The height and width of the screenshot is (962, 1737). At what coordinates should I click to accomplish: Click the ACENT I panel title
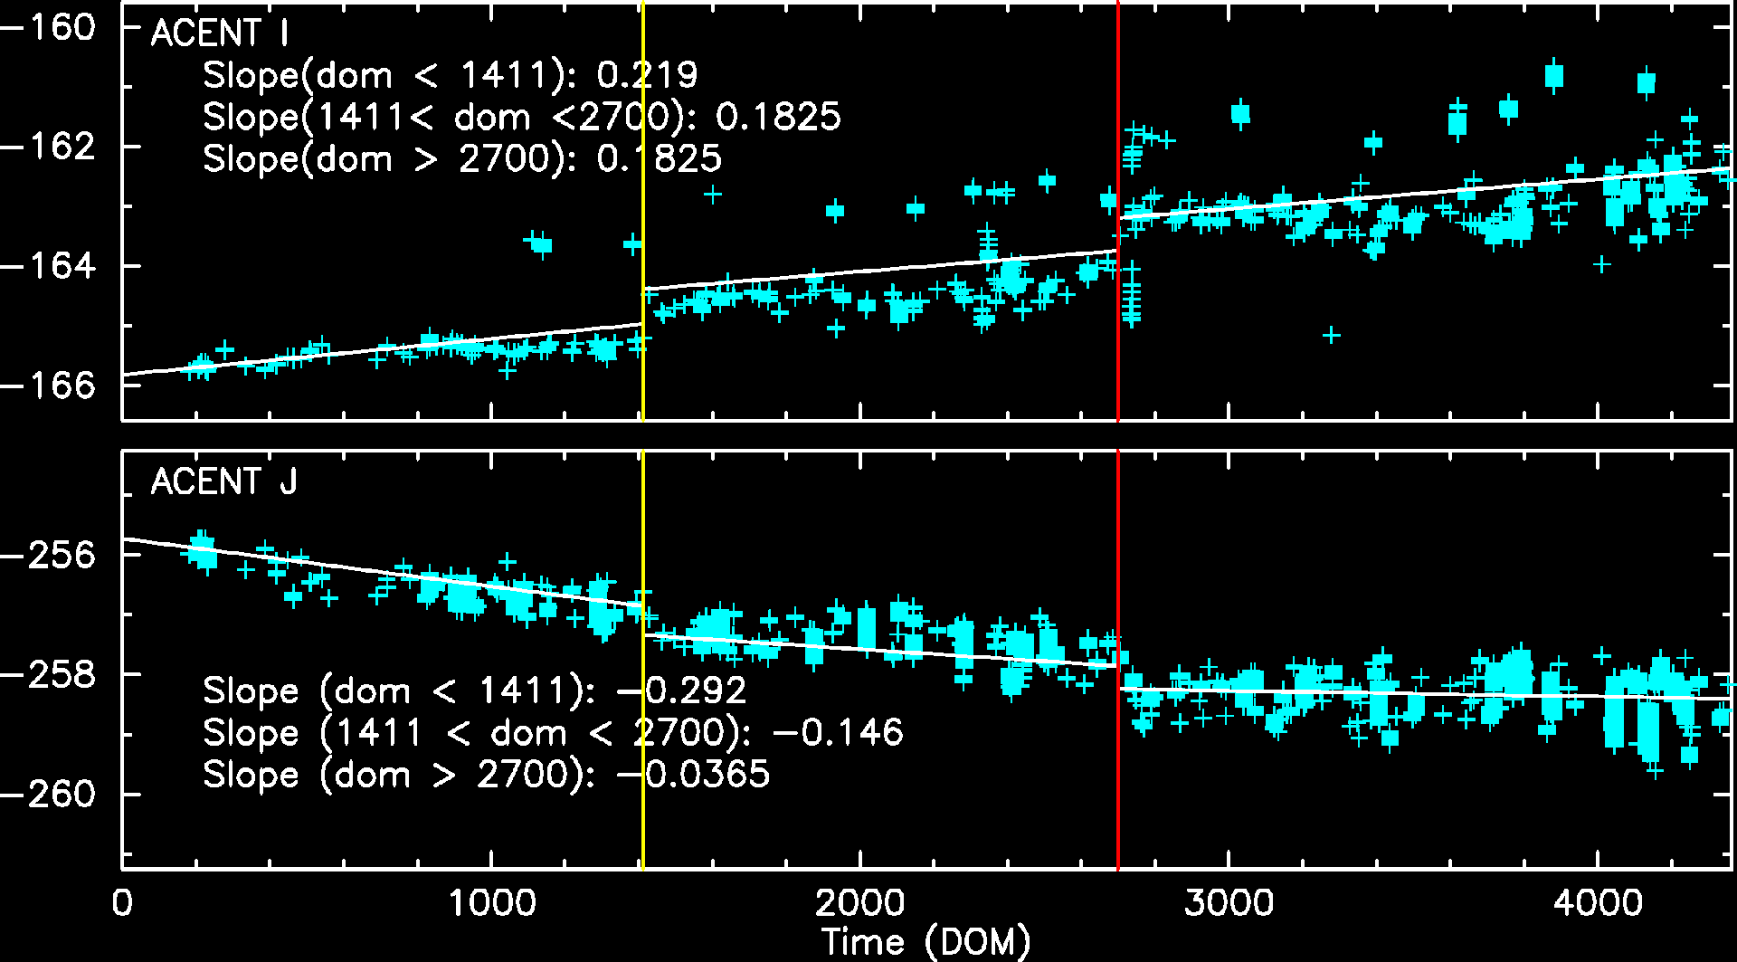click(x=220, y=33)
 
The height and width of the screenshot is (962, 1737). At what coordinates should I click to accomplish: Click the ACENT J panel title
click(x=223, y=481)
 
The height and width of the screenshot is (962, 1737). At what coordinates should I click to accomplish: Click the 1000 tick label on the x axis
click(x=490, y=903)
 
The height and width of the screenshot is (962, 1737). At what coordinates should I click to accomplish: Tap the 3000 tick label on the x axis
click(x=1229, y=903)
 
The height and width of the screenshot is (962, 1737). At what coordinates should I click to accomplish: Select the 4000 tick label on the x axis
click(x=1598, y=903)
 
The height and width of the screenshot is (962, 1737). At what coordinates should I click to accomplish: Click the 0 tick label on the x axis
click(x=122, y=903)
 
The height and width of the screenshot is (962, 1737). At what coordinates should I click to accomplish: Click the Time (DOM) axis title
click(x=925, y=942)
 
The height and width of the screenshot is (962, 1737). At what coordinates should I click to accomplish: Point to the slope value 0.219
click(x=647, y=75)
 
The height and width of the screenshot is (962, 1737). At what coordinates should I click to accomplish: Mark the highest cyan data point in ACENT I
click(x=1554, y=76)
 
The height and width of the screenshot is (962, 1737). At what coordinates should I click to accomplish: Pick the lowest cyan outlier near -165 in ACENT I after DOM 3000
click(x=1331, y=335)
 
